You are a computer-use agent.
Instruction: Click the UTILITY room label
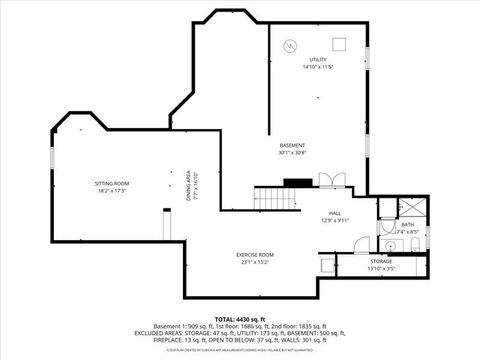(318, 60)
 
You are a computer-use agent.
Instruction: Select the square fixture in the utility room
(339, 42)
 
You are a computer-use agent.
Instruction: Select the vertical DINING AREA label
(188, 188)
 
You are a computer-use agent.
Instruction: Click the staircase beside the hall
(277, 198)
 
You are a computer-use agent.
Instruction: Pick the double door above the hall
(331, 181)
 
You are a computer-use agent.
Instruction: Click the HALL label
(336, 214)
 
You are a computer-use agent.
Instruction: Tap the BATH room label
(406, 225)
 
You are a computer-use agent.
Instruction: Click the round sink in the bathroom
(386, 244)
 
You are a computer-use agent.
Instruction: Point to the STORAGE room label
(381, 262)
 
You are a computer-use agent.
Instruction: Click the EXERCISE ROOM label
(255, 255)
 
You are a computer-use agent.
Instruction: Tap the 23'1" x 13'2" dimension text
(255, 262)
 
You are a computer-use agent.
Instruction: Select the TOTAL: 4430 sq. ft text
(241, 319)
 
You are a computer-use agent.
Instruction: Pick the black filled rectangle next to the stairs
(298, 183)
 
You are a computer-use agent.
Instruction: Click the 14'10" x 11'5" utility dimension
(318, 67)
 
